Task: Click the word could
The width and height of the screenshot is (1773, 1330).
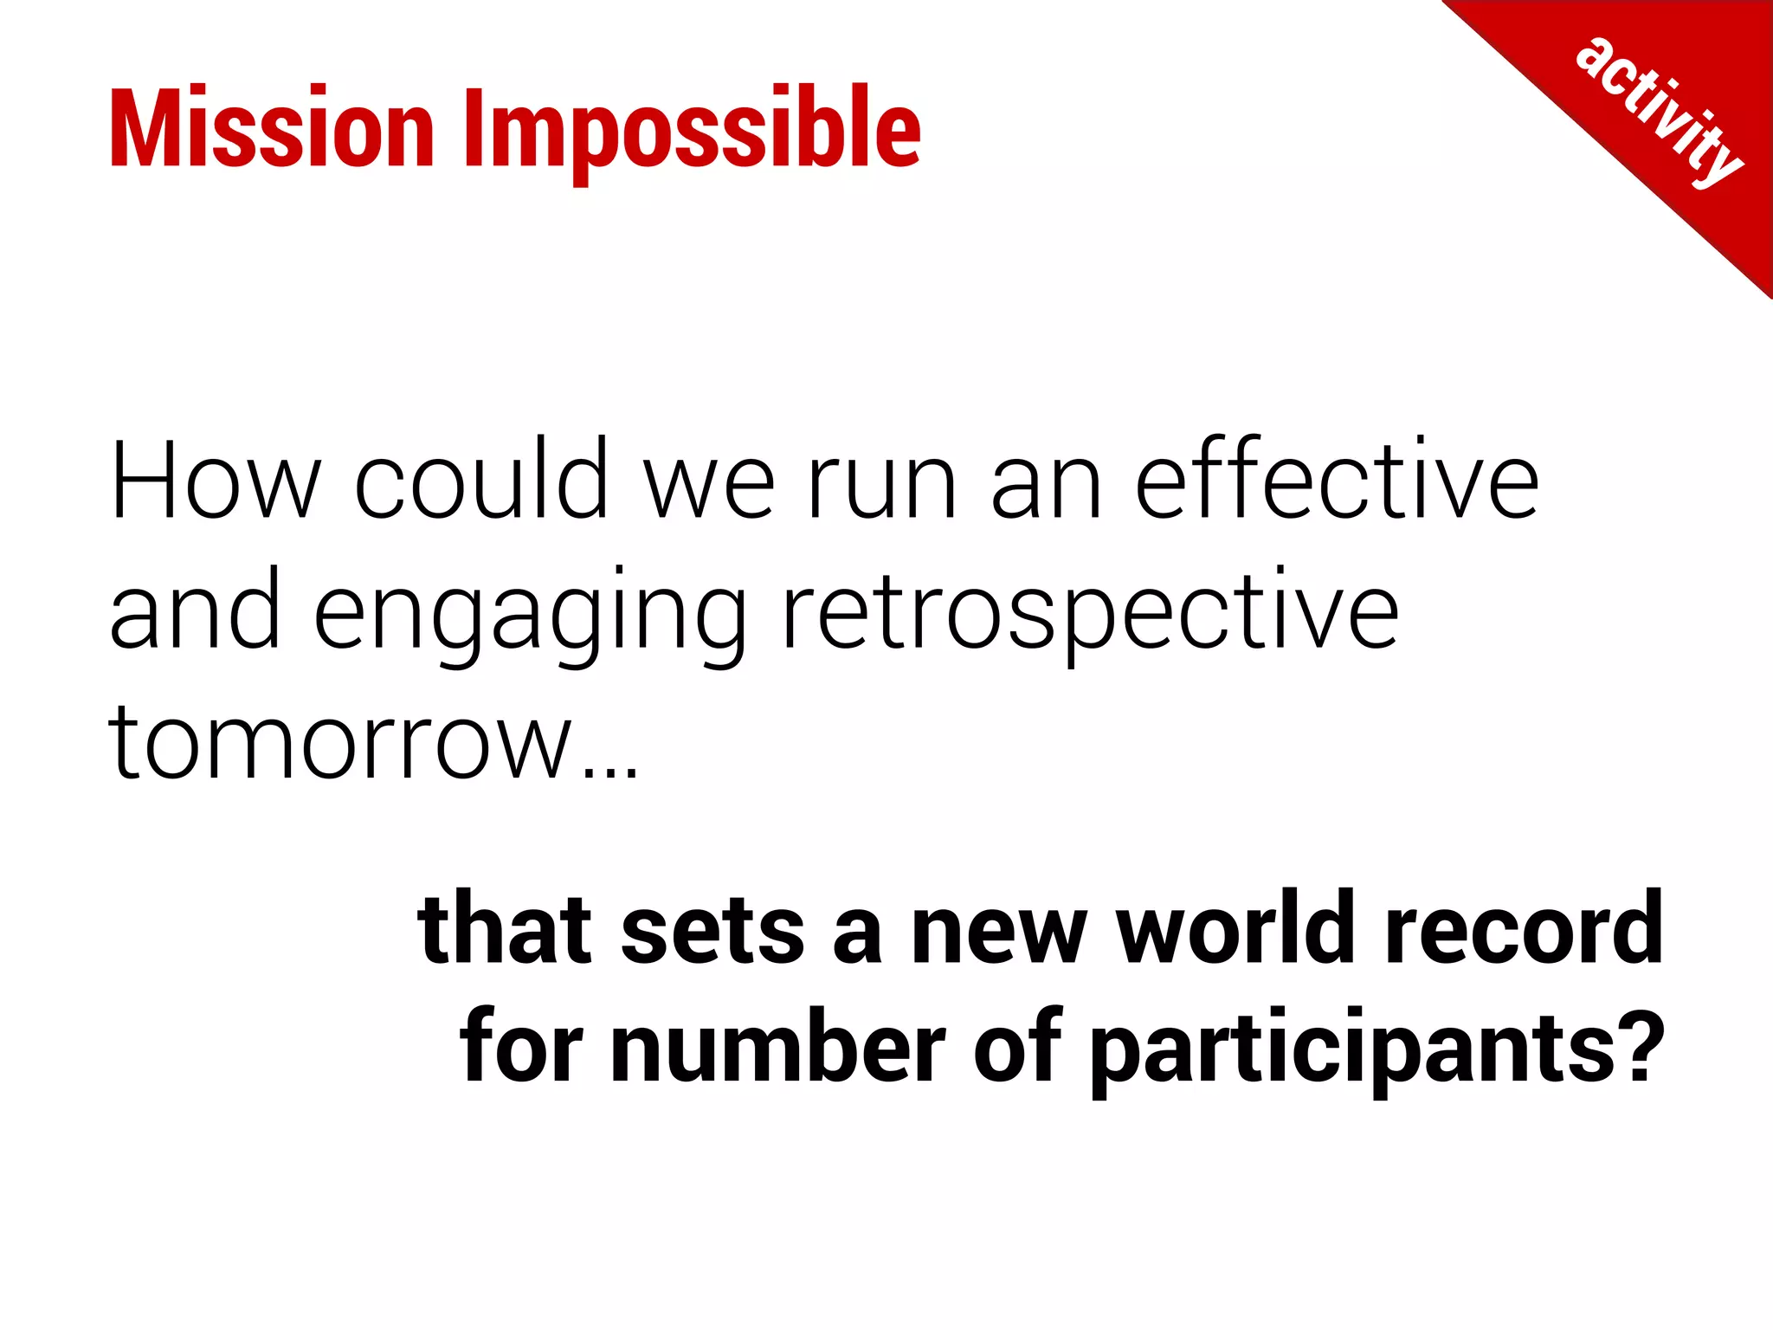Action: click(481, 480)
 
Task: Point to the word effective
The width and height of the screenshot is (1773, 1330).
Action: click(1336, 480)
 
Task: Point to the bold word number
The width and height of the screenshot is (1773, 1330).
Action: click(777, 1048)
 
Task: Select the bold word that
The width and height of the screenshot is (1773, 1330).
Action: click(505, 928)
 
